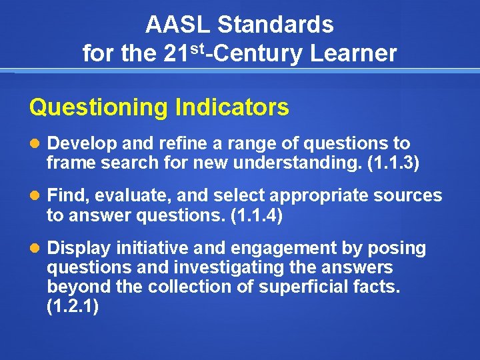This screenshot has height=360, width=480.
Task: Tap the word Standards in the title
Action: click(275, 25)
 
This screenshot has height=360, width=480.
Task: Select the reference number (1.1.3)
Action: click(393, 163)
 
